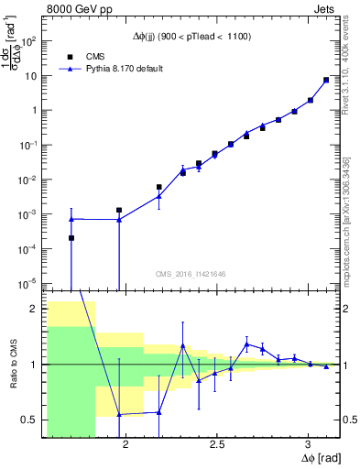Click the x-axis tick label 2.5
(x=217, y=444)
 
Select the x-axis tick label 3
(x=309, y=444)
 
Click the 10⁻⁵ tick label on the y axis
(x=29, y=282)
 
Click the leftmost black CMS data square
(x=71, y=238)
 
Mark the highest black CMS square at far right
(x=326, y=80)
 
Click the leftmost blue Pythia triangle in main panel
(x=71, y=219)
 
